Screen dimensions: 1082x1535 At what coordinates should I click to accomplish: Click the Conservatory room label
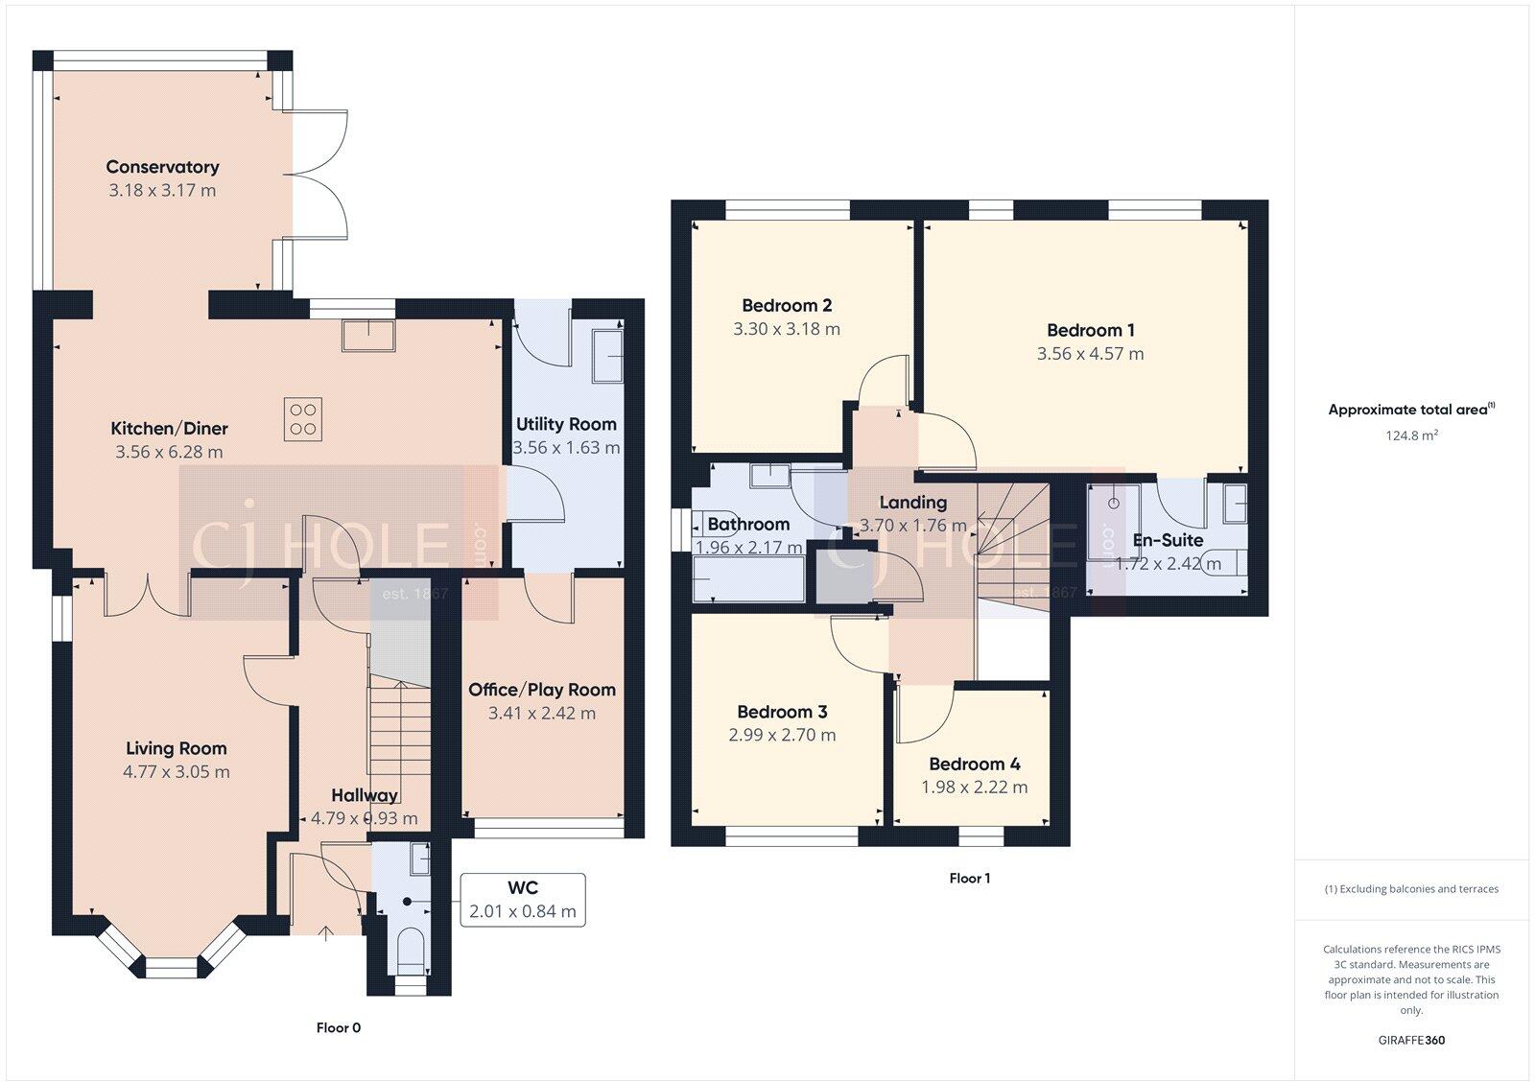pos(162,167)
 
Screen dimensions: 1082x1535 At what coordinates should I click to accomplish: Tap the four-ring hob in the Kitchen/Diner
pos(303,418)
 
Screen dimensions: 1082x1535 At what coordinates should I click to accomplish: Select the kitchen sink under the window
pos(369,333)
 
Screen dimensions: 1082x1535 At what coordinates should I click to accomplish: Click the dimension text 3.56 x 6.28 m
pos(169,452)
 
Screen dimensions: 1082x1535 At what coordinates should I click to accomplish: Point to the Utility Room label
pos(566,424)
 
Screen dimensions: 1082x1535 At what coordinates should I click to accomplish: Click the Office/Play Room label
pos(541,690)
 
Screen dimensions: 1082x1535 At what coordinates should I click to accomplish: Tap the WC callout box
pos(523,899)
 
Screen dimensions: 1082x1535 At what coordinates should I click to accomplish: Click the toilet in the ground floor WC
pos(410,948)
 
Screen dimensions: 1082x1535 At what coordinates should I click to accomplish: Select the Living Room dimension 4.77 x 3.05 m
pos(177,771)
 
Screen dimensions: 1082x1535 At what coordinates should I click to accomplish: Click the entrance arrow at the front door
pos(325,931)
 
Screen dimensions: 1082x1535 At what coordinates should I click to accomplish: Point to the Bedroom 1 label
pos(1090,330)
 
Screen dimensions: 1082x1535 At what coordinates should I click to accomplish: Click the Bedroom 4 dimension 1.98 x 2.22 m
pos(974,787)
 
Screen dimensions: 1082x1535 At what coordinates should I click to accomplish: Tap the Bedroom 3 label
pos(782,712)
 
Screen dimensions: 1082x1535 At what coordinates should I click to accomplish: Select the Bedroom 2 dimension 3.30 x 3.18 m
pos(786,329)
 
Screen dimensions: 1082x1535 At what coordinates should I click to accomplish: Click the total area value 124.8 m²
pos(1411,435)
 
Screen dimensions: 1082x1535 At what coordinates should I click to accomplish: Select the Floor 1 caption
pos(969,878)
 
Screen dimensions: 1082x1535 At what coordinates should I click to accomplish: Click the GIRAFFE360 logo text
pos(1410,1040)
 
